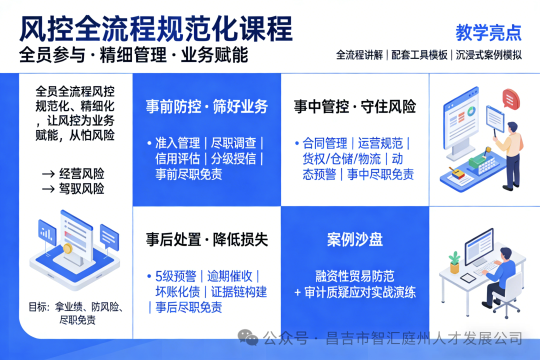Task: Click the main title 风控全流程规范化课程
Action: (x=155, y=29)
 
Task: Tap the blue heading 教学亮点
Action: (x=488, y=32)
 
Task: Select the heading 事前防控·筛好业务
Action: (x=206, y=106)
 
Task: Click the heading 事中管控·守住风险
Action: (x=354, y=106)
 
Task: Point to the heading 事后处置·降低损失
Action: (x=206, y=239)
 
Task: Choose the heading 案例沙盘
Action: (x=354, y=239)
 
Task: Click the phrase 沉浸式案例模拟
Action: (x=488, y=54)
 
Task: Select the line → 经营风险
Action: (x=73, y=173)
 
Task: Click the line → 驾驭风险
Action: (x=73, y=188)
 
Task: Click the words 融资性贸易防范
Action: (x=354, y=276)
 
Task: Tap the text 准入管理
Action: (x=177, y=143)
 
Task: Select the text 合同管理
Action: (x=325, y=143)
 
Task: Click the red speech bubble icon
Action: (x=511, y=98)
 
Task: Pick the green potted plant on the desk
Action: (x=454, y=261)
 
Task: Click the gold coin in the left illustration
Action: (x=67, y=248)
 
